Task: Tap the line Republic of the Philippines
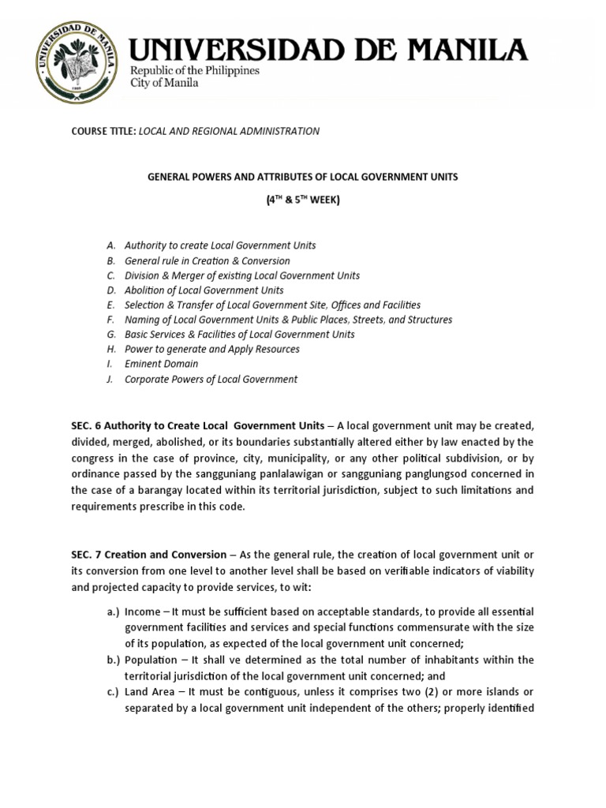point(195,71)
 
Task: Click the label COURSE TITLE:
point(103,131)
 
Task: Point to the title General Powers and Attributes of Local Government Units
point(303,177)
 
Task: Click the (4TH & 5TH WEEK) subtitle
point(303,200)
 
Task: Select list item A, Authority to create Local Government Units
point(219,245)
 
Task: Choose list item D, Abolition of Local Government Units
point(204,290)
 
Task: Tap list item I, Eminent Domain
point(161,364)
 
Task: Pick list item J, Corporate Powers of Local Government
point(211,379)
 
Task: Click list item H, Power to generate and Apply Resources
point(211,349)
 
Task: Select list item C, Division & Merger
point(241,275)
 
